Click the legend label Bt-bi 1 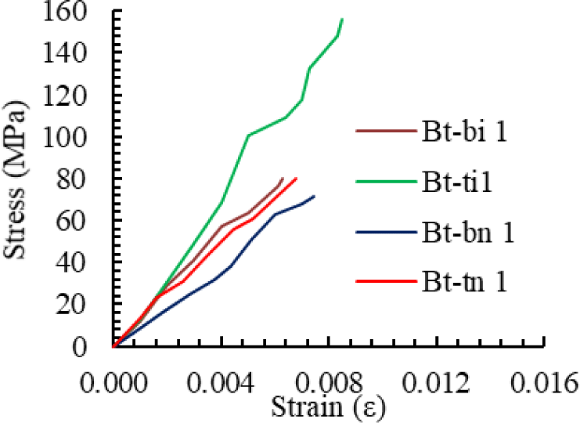click(x=467, y=132)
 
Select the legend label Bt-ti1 click(x=458, y=182)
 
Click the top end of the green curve click(x=342, y=19)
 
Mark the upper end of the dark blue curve click(x=315, y=196)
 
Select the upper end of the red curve click(x=297, y=178)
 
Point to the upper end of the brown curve click(x=283, y=178)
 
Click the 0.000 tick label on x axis click(x=114, y=383)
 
